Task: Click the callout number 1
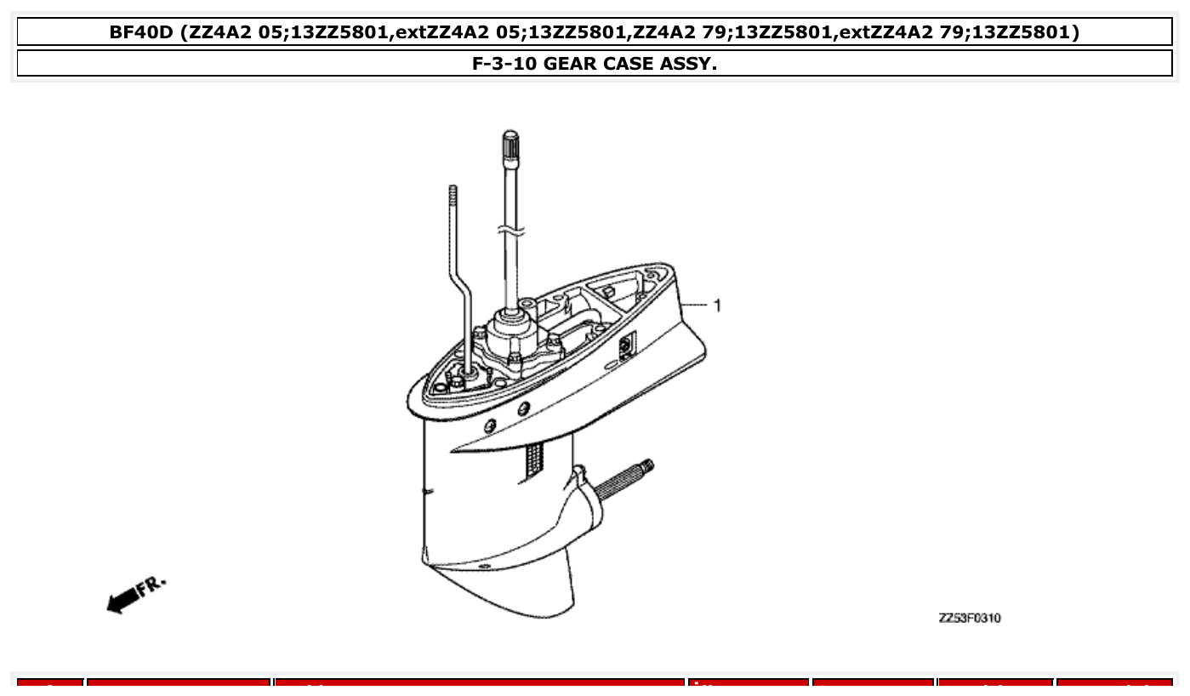pos(718,305)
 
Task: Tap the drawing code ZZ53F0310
pos(969,618)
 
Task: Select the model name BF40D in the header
pos(142,32)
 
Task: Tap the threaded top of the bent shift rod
pos(453,194)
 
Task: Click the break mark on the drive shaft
pos(510,231)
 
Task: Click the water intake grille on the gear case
pos(535,459)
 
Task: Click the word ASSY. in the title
pos(686,64)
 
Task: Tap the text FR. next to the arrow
pos(153,585)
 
